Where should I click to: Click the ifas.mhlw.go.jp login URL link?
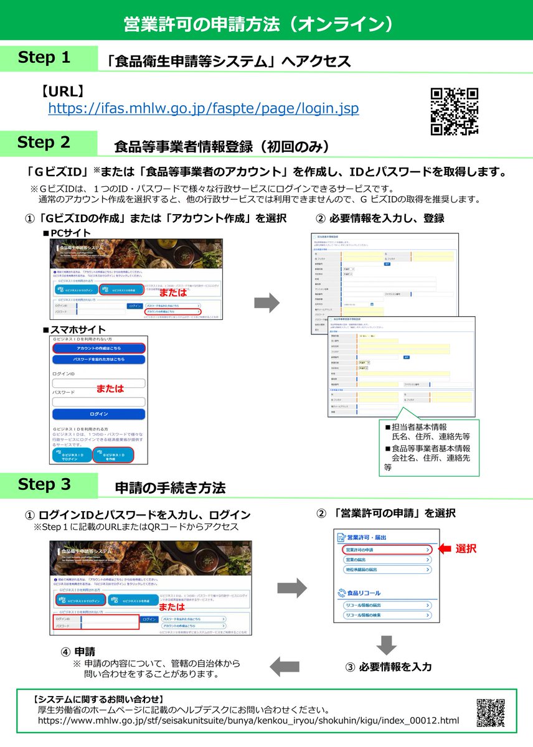coord(204,108)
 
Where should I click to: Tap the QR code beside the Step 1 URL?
coord(455,111)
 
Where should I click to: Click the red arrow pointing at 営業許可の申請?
coord(444,549)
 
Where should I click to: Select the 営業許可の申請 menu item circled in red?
coord(386,550)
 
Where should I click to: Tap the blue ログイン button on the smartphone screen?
coord(98,414)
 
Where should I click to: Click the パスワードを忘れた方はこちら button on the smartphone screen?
coord(98,360)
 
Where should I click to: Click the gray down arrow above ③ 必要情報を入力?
coord(386,644)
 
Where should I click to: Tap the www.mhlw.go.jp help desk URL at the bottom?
coord(248,721)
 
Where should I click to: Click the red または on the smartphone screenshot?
coord(110,388)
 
